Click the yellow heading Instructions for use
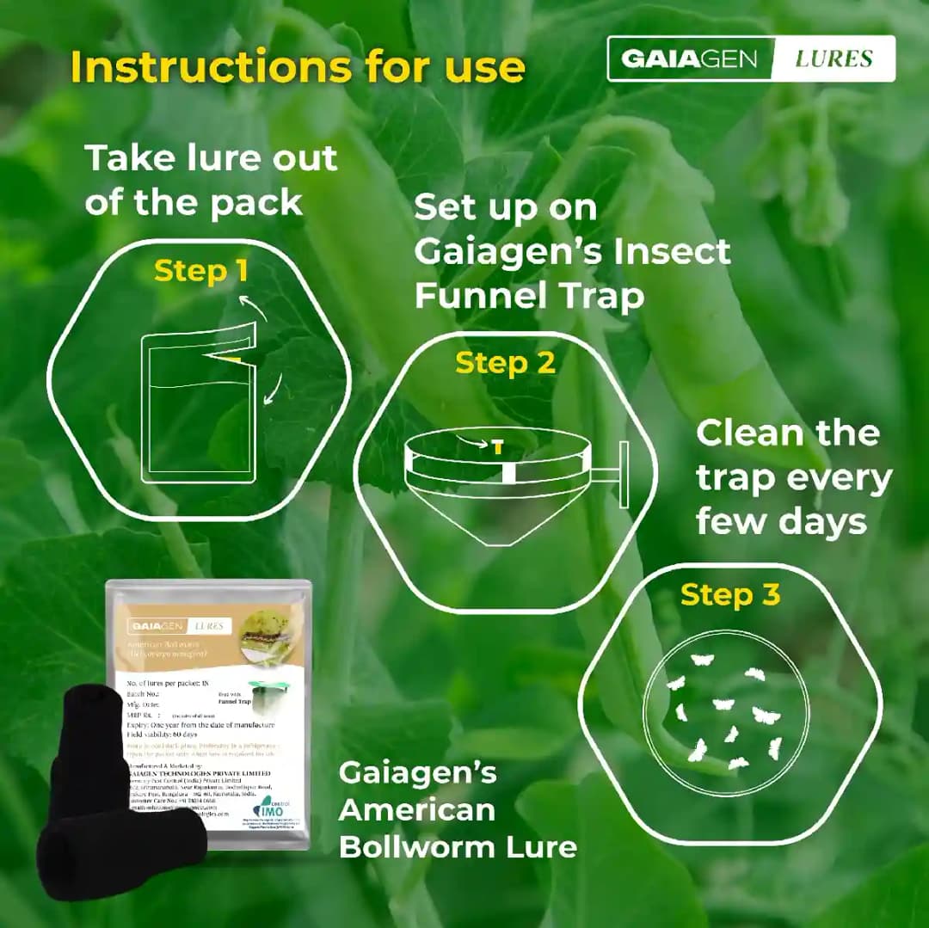(x=297, y=66)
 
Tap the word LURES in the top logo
(x=833, y=58)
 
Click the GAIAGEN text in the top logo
(x=689, y=58)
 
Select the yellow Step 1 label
(x=200, y=271)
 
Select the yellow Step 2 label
(x=505, y=363)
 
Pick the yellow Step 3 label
(x=729, y=594)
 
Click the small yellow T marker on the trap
(x=497, y=446)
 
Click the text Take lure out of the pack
(x=211, y=180)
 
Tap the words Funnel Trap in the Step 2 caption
(x=528, y=296)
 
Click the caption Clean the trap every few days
(x=793, y=477)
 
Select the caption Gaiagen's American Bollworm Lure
(x=457, y=809)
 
